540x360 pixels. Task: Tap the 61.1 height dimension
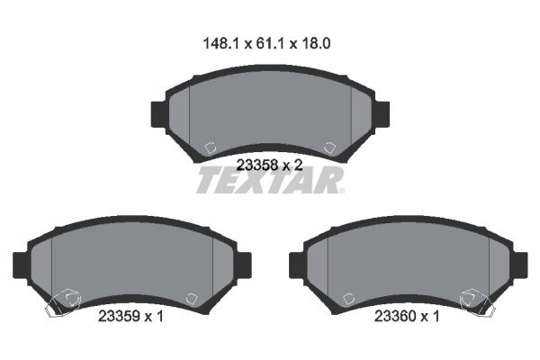point(270,44)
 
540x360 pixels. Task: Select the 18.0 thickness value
point(316,44)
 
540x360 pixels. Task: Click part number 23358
point(257,166)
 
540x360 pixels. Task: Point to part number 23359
point(119,316)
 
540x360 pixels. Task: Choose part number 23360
point(395,316)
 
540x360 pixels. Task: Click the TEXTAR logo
point(270,180)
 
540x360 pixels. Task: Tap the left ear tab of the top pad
point(159,114)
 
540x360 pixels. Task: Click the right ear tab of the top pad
point(382,114)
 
